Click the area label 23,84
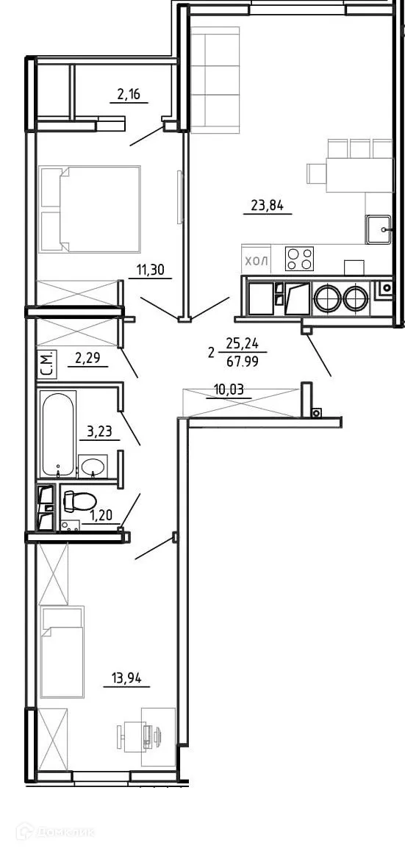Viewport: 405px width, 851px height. coord(268,205)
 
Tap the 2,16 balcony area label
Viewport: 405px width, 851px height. coord(129,94)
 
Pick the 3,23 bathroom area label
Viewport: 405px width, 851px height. coord(99,432)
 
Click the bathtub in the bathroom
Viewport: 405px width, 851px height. coord(59,434)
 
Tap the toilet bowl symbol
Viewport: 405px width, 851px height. coord(79,501)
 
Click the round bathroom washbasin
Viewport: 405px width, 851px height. coord(93,466)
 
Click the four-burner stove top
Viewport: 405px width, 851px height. coord(299,258)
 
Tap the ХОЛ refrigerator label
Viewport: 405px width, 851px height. coord(257,259)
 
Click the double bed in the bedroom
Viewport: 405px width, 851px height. coord(90,209)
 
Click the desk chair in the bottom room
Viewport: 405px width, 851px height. coord(130,733)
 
